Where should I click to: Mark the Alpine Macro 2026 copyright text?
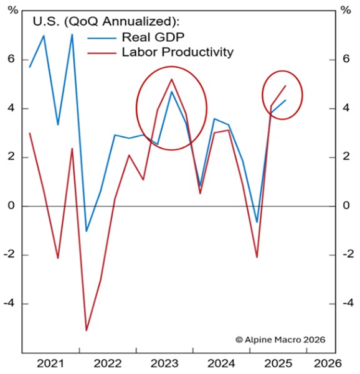(x=280, y=340)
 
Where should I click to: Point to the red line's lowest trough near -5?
(x=87, y=330)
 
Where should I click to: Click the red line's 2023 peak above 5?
(x=171, y=79)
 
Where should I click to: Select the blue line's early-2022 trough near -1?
(x=87, y=231)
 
